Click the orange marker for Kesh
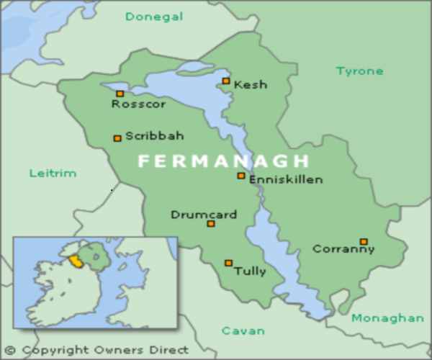click(226, 81)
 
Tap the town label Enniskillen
click(286, 180)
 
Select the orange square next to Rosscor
click(120, 94)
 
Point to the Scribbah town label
click(155, 135)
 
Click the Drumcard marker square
click(211, 224)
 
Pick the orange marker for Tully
click(228, 263)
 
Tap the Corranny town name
click(343, 249)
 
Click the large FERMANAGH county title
click(223, 161)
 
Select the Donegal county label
click(154, 17)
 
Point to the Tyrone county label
click(359, 71)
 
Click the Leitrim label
click(53, 173)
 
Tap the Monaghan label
click(387, 318)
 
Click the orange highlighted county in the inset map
click(74, 259)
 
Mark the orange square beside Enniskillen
click(241, 176)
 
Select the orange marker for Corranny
click(364, 241)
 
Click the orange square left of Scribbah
click(117, 138)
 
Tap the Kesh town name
click(251, 85)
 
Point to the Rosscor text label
click(138, 104)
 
